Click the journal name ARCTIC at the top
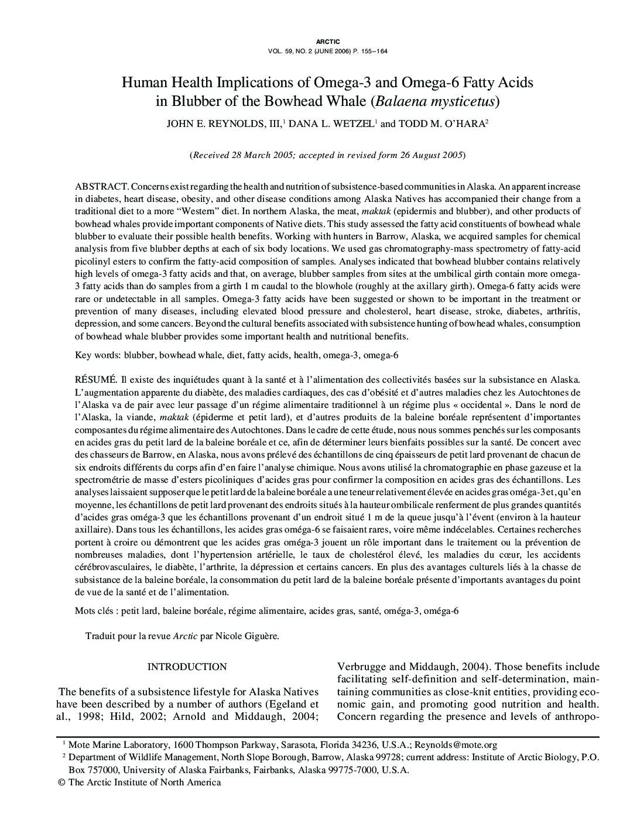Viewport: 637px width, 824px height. (327, 42)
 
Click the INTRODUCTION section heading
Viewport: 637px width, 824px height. (187, 667)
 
